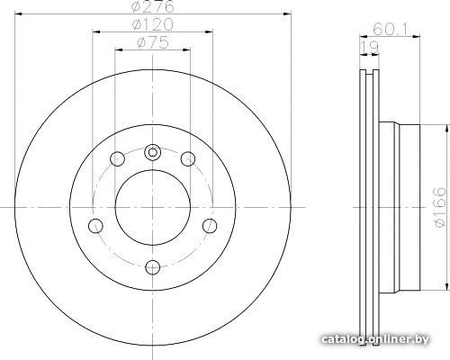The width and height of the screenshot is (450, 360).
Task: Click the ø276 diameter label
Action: click(153, 6)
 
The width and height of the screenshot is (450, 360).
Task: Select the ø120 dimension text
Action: click(153, 24)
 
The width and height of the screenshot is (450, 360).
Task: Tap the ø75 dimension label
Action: click(153, 43)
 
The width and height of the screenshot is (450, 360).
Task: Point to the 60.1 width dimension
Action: click(390, 30)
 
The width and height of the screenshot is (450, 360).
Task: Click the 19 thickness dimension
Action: click(370, 48)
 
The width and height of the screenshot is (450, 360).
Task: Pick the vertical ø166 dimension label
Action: click(440, 207)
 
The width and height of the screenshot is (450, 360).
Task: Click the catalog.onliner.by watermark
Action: click(375, 339)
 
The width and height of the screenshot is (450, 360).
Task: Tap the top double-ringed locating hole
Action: click(153, 153)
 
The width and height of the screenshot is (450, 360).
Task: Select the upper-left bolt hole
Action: click(117, 159)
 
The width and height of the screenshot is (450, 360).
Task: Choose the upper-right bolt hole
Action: click(188, 159)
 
